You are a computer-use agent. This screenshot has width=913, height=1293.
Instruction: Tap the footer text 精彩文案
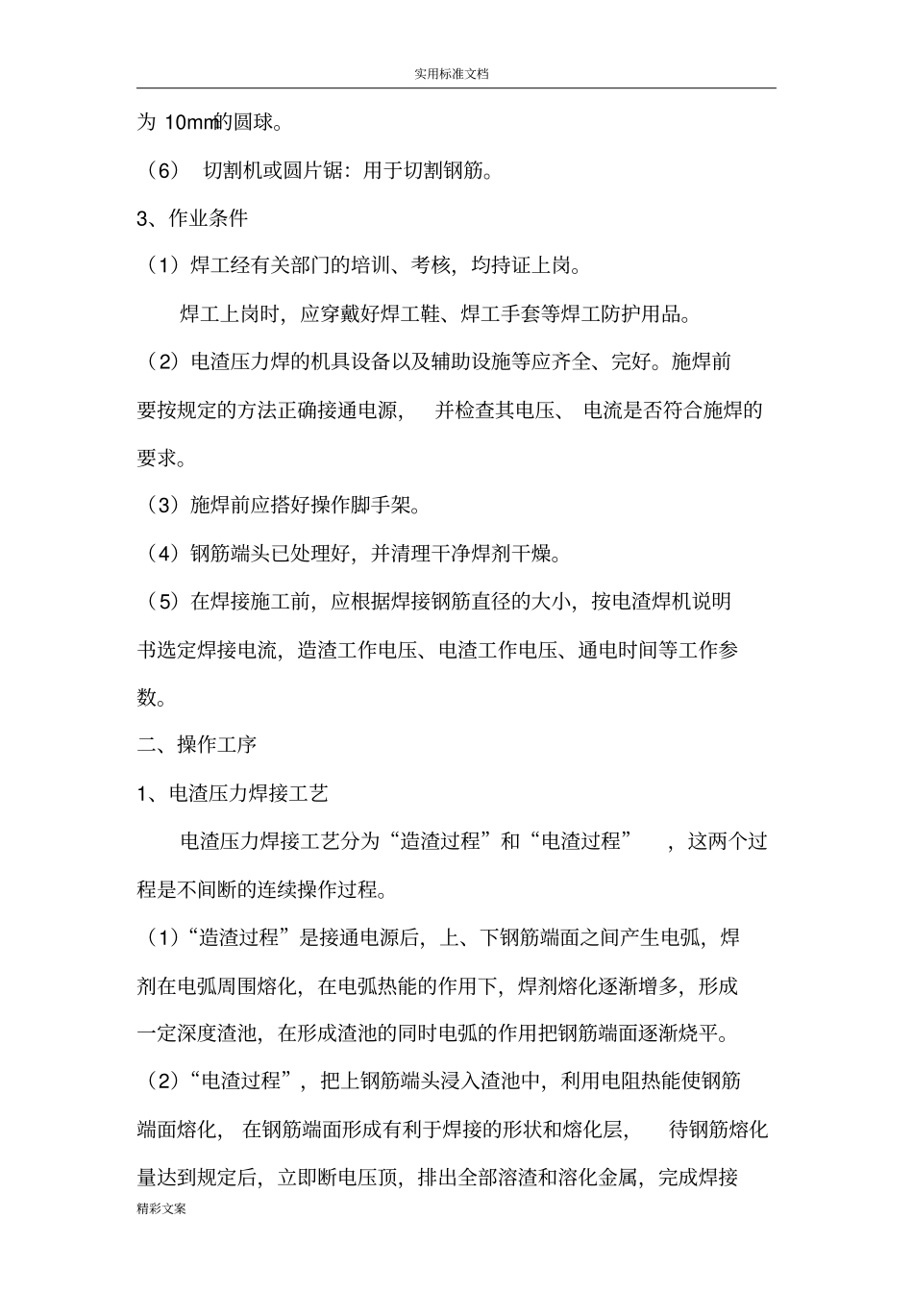pyautogui.click(x=161, y=1208)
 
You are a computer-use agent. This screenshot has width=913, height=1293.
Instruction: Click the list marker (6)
pyautogui.click(x=163, y=171)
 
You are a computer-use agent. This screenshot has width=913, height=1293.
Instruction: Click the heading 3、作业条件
pyautogui.click(x=192, y=218)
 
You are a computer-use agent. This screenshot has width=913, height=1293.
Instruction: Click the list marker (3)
pyautogui.click(x=163, y=505)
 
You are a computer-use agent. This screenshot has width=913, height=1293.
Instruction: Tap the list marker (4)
pyautogui.click(x=163, y=553)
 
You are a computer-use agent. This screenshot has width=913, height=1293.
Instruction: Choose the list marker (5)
pyautogui.click(x=163, y=601)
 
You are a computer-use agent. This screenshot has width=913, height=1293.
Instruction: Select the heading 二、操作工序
pyautogui.click(x=197, y=744)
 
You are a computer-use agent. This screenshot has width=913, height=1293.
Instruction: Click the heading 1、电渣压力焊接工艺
pyautogui.click(x=233, y=792)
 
